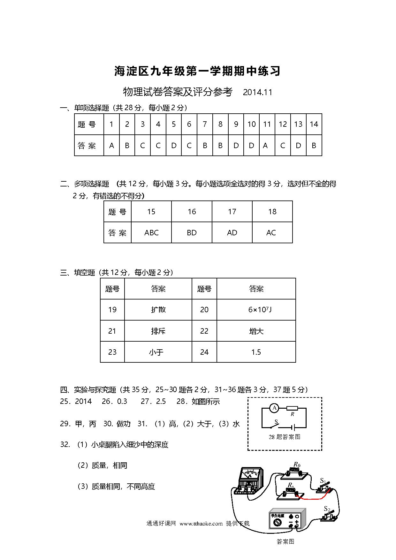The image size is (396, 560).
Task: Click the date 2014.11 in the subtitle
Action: (257, 93)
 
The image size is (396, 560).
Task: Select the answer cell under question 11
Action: (267, 146)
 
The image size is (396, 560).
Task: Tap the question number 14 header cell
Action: (314, 124)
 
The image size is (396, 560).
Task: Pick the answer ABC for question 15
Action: (151, 233)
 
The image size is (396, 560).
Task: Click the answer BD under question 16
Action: (192, 233)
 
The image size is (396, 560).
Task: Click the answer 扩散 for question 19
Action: (158, 310)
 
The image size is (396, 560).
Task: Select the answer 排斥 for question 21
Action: (158, 331)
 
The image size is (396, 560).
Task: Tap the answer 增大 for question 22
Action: (256, 331)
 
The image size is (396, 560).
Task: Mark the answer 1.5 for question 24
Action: (256, 352)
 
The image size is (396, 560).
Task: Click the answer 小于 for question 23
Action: (156, 352)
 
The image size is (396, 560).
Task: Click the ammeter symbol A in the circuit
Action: (274, 408)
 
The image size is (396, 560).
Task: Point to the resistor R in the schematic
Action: (292, 408)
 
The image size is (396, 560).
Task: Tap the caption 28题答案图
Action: (284, 437)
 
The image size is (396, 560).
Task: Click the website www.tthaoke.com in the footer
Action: (201, 524)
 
